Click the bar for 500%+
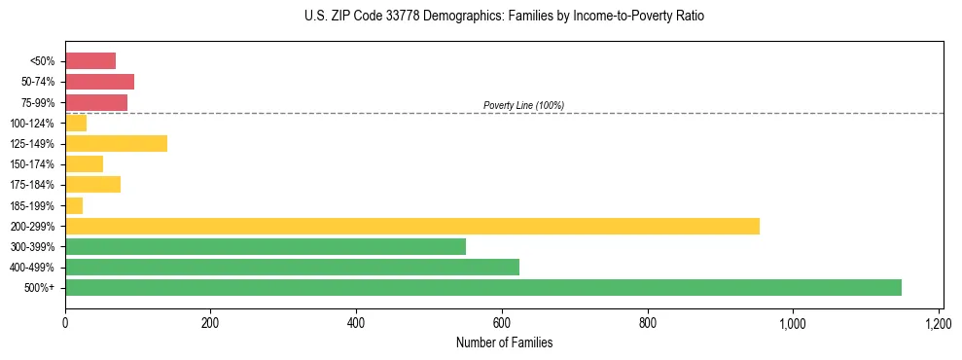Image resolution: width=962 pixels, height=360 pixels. pos(483,287)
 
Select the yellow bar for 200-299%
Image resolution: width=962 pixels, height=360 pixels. pos(412,226)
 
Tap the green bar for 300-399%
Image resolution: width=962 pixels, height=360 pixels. pos(266,246)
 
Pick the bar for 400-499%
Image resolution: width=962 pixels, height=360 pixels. pos(292,267)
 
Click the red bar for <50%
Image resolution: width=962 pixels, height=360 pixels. pos(90,61)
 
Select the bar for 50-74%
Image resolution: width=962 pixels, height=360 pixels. pos(99,82)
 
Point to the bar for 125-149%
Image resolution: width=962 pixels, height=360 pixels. pos(116,143)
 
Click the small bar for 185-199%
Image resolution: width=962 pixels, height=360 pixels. pos(74,205)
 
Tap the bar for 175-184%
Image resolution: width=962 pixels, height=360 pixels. pos(92,185)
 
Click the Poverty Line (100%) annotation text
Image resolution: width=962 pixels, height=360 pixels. pos(523,105)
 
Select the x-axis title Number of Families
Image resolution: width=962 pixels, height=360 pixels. pos(504,342)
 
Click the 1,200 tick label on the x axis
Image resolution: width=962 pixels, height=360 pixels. pos(939,322)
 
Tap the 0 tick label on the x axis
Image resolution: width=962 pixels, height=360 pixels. pos(65,322)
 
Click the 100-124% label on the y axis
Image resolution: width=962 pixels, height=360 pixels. pos(35,123)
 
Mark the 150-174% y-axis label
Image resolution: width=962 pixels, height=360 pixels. pos(35,164)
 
